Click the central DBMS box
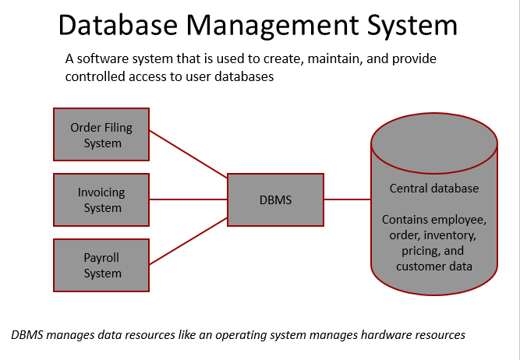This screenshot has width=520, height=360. tap(275, 199)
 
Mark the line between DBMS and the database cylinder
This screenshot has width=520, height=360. tap(347, 199)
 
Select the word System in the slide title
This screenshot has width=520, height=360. tap(411, 26)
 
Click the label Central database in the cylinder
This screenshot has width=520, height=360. tap(433, 189)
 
